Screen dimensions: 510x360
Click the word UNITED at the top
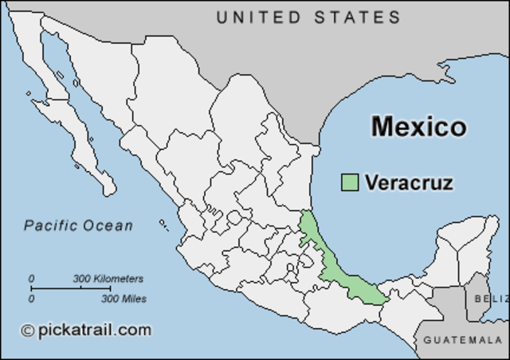click(257, 17)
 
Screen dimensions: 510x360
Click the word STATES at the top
click(355, 17)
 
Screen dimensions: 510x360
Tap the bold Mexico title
click(418, 127)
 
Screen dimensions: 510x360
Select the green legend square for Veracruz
click(349, 182)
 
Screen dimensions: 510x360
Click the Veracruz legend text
click(409, 182)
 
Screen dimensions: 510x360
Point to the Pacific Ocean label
click(78, 225)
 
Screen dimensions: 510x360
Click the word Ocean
click(112, 225)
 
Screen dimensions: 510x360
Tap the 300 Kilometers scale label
click(108, 279)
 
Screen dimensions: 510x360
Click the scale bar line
click(76, 288)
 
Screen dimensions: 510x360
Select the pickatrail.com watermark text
click(93, 329)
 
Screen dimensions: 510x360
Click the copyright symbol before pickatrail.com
click(28, 330)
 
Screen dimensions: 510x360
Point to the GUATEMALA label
click(462, 340)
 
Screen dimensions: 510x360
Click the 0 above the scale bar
click(32, 279)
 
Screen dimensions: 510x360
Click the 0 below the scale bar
click(32, 299)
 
